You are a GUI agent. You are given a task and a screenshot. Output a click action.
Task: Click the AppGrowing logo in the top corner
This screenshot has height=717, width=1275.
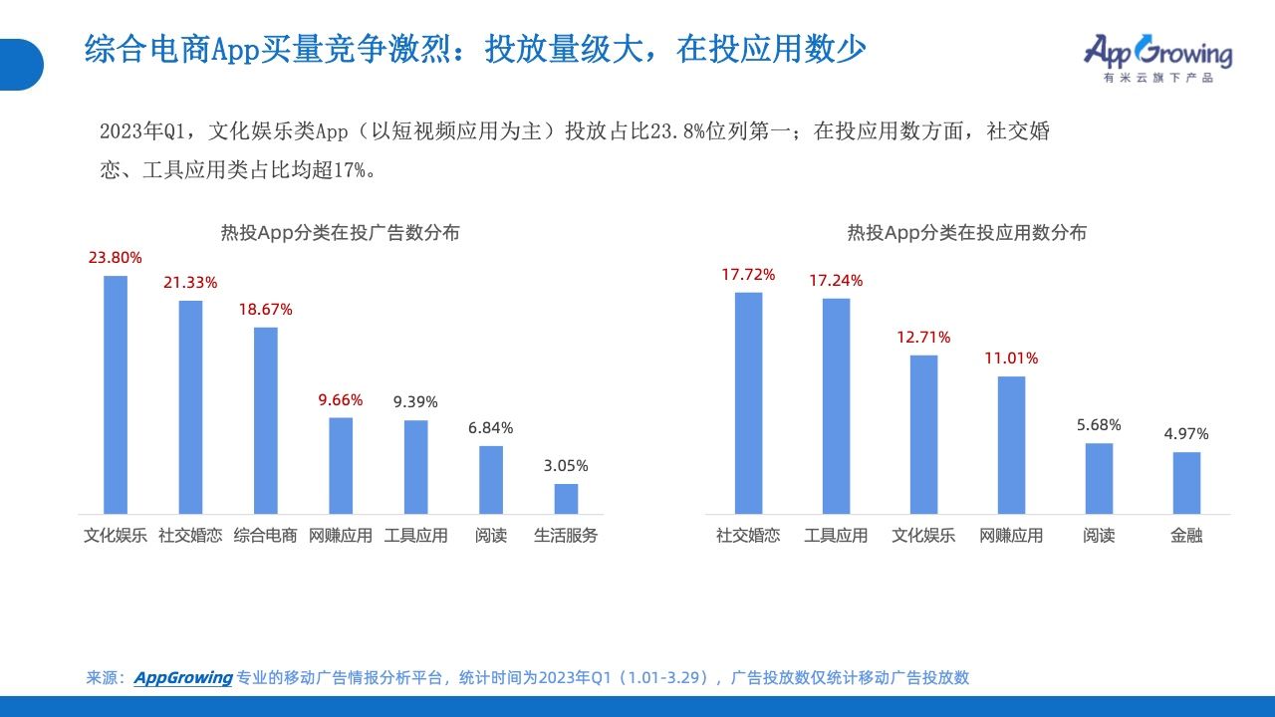click(1157, 58)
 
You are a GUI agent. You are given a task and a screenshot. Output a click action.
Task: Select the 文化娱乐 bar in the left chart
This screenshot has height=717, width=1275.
click(116, 395)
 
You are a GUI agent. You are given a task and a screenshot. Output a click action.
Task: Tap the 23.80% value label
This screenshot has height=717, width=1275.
click(115, 258)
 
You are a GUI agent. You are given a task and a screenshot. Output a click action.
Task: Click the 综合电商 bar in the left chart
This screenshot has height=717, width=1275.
click(266, 420)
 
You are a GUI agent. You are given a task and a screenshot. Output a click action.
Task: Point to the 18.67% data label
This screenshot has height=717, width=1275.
click(265, 310)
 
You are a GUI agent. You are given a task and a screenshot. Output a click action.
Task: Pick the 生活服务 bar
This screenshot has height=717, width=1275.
click(567, 499)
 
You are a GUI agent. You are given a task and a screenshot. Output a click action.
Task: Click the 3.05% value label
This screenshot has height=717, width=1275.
click(566, 466)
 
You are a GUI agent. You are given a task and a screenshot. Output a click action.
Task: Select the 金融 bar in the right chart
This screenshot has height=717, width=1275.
click(1186, 483)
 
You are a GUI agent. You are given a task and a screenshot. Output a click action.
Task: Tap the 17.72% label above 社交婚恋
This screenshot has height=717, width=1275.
click(748, 275)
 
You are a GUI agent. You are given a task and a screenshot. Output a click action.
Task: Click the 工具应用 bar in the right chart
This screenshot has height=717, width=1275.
click(836, 406)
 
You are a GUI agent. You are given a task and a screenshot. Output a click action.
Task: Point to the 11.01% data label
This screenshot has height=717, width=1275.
click(1011, 358)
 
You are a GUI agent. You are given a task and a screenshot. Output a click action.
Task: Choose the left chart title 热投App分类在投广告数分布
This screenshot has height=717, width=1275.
click(341, 233)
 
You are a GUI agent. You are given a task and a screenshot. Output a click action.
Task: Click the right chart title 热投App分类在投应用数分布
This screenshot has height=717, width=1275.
click(967, 233)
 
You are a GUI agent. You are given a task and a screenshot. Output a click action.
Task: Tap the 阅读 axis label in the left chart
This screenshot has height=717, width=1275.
click(491, 536)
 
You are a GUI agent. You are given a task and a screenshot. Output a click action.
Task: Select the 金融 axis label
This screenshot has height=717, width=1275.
click(1186, 536)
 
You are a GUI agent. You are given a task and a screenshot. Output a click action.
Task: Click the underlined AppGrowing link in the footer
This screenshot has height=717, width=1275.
click(183, 678)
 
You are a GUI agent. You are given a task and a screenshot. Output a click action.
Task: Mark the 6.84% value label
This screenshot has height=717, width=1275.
click(491, 428)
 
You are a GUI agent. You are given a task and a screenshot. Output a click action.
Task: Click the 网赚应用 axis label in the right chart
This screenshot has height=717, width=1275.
click(1011, 536)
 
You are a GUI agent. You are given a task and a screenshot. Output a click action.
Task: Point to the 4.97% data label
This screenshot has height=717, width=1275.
click(1186, 434)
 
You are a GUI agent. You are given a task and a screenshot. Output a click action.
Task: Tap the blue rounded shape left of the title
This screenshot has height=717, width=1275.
click(21, 65)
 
